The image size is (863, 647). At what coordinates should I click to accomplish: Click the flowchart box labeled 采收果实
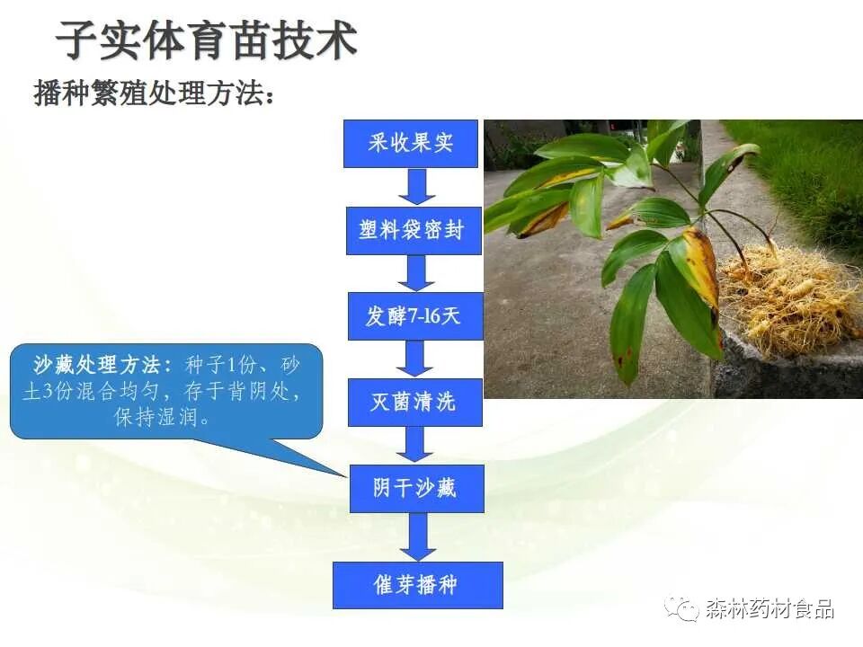click(411, 144)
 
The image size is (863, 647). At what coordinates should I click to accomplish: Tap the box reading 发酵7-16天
click(414, 316)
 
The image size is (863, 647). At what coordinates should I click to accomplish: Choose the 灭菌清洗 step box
click(414, 402)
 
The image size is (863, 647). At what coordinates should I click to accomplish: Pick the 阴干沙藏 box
click(414, 488)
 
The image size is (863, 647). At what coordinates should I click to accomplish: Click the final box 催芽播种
click(414, 585)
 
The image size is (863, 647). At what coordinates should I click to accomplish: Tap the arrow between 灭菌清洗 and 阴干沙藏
click(415, 445)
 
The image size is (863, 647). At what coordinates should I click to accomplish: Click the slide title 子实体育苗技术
click(206, 40)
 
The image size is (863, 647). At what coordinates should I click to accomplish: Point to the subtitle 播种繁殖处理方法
click(153, 93)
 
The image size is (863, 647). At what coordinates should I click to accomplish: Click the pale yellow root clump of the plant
click(787, 301)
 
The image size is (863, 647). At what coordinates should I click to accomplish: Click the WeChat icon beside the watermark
click(683, 608)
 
